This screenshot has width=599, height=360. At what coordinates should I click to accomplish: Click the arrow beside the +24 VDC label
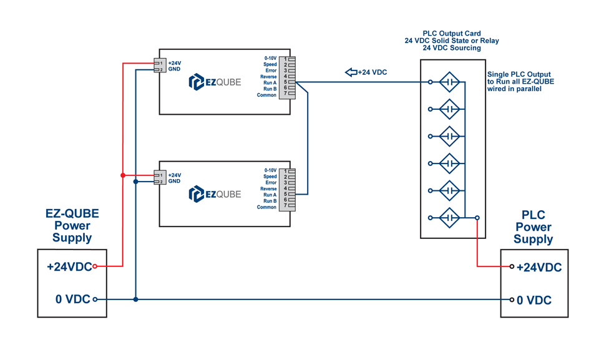351,72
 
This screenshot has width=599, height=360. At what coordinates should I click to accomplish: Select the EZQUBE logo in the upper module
215,82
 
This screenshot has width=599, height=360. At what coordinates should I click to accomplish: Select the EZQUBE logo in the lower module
215,194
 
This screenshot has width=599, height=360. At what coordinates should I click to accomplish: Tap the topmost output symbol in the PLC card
449,82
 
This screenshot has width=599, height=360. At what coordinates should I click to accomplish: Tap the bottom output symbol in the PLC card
449,218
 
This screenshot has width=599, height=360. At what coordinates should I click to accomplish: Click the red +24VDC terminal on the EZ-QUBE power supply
95,266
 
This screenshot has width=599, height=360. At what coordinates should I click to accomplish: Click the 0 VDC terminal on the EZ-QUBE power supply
95,299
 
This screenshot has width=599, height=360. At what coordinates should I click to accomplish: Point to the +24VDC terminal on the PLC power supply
512,267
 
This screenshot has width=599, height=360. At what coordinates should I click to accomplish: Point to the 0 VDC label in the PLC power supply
534,300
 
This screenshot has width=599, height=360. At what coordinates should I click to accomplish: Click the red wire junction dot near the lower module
123,175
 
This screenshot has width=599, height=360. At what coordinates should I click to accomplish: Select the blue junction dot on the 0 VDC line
135,299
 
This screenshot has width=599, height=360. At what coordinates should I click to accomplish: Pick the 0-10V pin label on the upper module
270,58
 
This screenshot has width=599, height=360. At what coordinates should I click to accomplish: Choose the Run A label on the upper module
270,83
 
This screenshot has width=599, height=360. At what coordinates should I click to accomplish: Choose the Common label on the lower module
266,207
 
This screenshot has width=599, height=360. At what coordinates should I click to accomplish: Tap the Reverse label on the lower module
268,188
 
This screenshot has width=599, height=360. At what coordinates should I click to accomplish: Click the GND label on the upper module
174,69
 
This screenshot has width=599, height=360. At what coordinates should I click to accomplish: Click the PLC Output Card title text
452,33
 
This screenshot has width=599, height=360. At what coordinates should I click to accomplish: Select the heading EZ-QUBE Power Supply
72,225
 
